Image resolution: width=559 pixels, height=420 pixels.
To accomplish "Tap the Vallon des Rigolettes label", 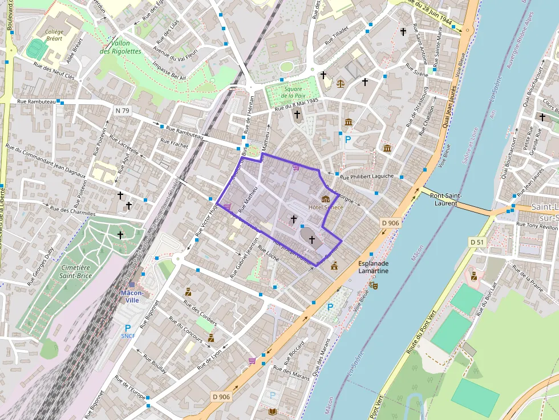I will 120,47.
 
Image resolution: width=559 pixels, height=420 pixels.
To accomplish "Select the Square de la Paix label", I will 293,92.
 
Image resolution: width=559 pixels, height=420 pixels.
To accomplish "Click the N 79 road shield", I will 121,110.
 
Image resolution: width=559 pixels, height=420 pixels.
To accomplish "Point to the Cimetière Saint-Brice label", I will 75,271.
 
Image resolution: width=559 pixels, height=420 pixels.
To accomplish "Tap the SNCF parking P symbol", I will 128,328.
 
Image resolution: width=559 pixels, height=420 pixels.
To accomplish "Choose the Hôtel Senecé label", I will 326,207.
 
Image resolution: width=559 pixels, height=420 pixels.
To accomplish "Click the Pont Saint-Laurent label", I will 445,199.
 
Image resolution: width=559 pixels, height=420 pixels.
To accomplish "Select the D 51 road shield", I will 477,242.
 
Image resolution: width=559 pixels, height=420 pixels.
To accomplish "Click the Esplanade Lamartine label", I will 374,268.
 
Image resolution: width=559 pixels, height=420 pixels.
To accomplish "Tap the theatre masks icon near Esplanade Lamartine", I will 374,284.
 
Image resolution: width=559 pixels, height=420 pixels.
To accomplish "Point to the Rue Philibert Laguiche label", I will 367,176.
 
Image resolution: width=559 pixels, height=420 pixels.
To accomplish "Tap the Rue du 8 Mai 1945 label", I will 296,104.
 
